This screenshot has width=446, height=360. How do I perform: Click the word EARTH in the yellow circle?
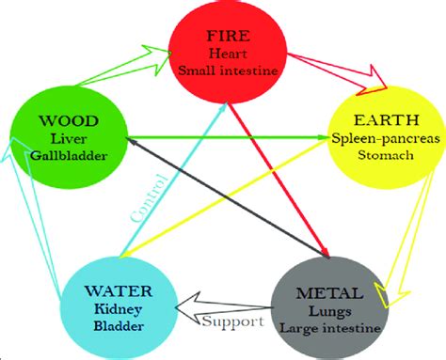382,120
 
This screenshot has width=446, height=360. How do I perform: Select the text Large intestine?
328,327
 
